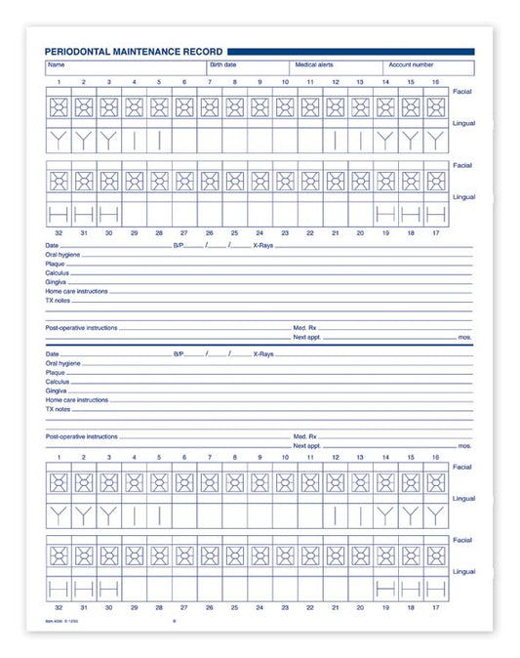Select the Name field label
click(x=55, y=64)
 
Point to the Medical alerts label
click(x=314, y=64)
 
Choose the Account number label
click(x=410, y=64)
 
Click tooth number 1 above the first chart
click(x=59, y=82)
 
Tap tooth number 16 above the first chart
click(x=436, y=82)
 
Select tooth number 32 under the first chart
click(x=59, y=235)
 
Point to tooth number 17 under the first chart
click(x=436, y=235)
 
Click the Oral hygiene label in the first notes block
click(x=61, y=256)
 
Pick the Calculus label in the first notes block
click(x=57, y=273)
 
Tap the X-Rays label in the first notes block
click(x=263, y=246)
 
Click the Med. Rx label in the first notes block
click(x=305, y=327)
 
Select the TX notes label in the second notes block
click(x=59, y=409)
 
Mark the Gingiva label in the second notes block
click(x=56, y=391)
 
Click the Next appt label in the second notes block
click(x=306, y=445)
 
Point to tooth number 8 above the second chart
click(x=234, y=457)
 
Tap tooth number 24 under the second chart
click(x=260, y=606)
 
